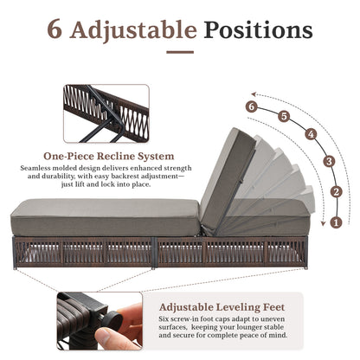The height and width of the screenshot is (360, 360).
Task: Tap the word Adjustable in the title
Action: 135,31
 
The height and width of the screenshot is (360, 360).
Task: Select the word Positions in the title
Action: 259,30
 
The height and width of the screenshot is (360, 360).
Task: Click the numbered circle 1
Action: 336,222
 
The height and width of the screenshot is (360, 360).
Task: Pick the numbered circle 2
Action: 336,192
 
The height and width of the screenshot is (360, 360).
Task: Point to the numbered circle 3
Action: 327,161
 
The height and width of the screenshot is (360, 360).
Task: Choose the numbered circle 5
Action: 283,115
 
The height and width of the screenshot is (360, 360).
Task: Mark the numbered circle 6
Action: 251,106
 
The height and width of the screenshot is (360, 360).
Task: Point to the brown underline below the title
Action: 180,52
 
